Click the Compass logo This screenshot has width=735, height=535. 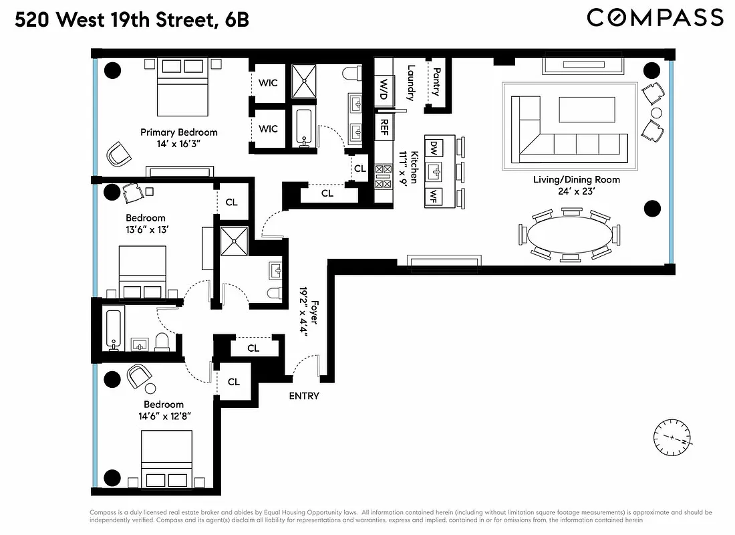[655, 17]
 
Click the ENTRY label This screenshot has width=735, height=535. [304, 396]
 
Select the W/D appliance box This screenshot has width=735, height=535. [384, 88]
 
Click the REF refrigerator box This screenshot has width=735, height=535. [384, 126]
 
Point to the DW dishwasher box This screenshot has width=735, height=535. [434, 146]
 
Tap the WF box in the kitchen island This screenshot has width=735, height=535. [434, 197]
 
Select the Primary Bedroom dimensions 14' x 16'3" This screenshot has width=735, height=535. [179, 144]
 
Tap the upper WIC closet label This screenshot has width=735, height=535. [268, 83]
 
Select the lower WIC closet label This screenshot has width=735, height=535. [268, 128]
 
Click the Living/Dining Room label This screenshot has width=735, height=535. [576, 179]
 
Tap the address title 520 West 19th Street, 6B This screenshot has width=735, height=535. [132, 20]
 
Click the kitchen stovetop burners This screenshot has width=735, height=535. [384, 177]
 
